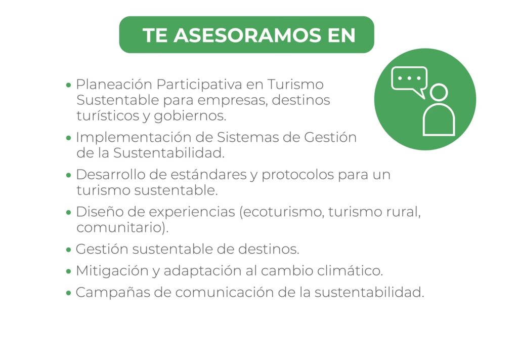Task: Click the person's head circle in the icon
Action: point(439,92)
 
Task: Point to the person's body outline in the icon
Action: point(439,119)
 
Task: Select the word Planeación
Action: point(114,85)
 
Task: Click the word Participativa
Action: point(199,85)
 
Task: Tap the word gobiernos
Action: point(190,116)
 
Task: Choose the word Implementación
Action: point(134,138)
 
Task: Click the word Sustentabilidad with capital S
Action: point(168,153)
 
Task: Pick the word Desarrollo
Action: point(111,175)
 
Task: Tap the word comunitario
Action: point(120,228)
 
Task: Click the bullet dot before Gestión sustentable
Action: point(68,250)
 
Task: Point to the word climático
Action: point(350,271)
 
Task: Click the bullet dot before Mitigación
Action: point(68,271)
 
